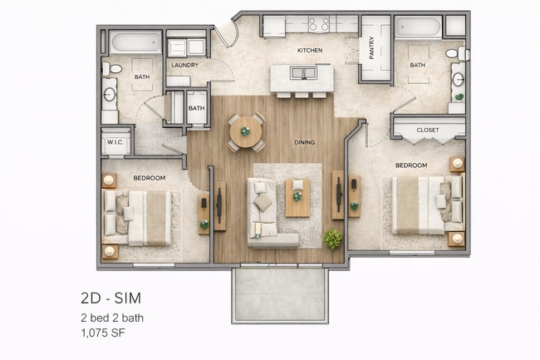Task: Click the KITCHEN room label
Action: point(309,51)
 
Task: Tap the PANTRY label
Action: point(371,49)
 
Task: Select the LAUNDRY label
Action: point(184,65)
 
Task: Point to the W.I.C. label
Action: point(115,142)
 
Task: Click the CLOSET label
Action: point(428,131)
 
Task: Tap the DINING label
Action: point(304,142)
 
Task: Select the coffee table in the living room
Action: point(297,197)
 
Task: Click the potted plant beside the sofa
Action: point(332,239)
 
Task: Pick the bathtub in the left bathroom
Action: point(135,42)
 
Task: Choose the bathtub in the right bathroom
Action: point(417,27)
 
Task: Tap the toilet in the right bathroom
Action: point(456,53)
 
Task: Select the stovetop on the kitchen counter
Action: point(319,24)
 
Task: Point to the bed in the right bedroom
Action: point(420,204)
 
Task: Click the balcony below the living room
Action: point(279,295)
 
